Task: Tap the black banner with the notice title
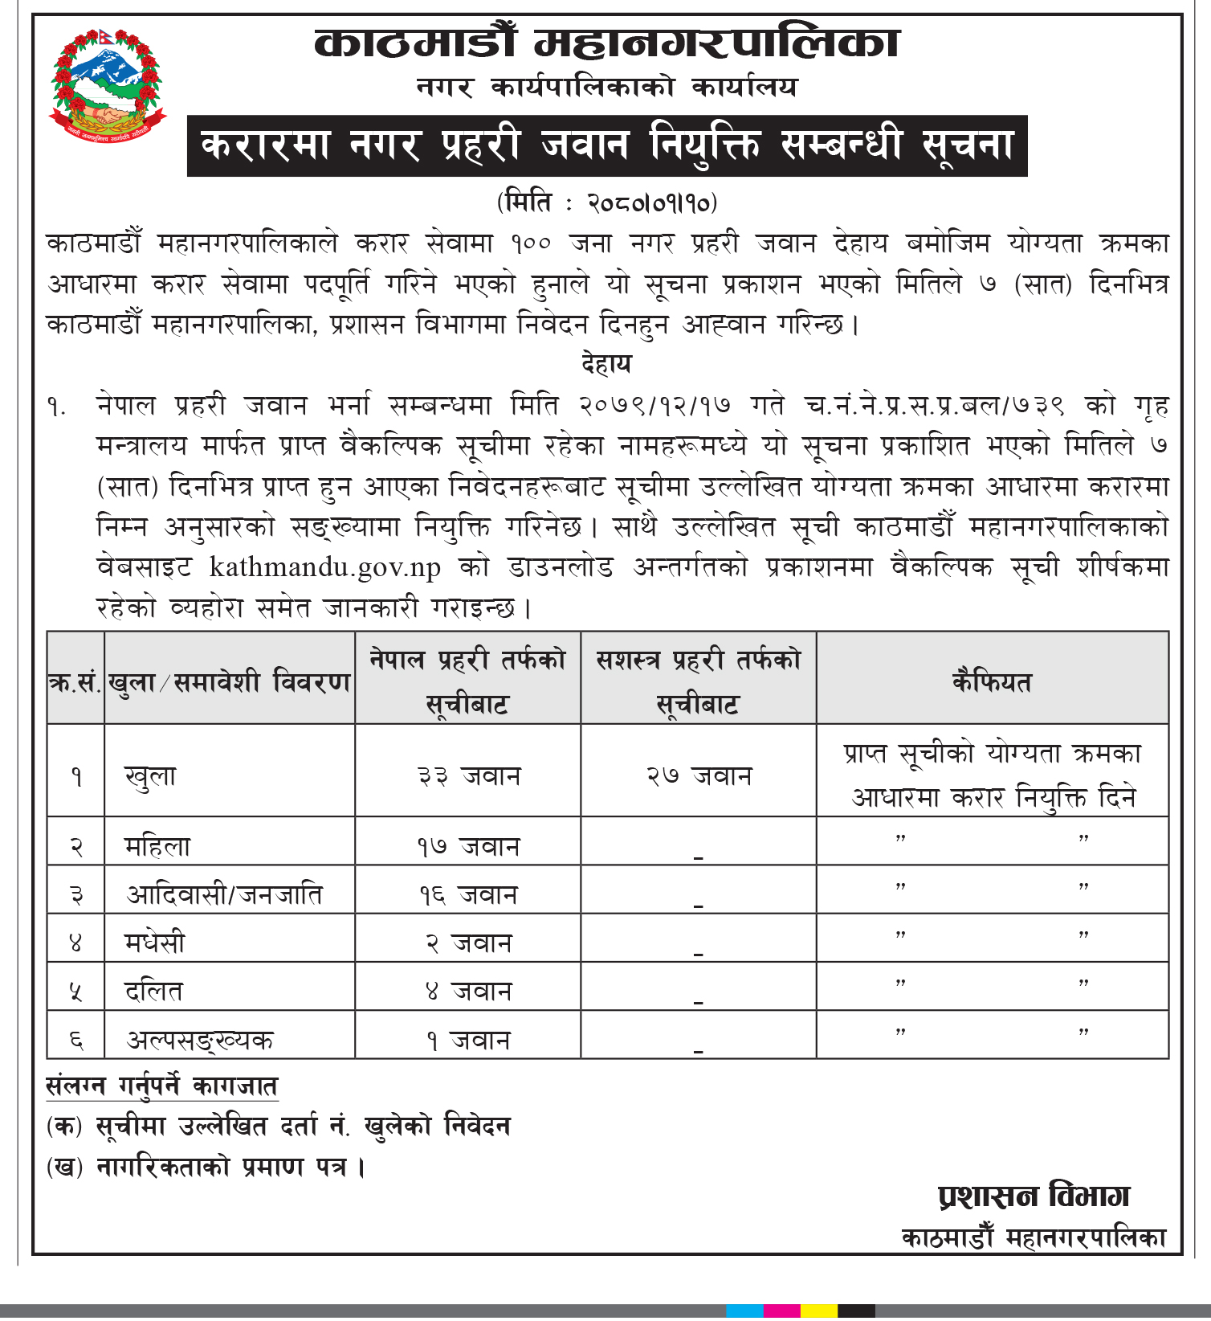click(x=606, y=146)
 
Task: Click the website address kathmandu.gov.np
click(x=324, y=567)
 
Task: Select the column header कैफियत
click(x=992, y=681)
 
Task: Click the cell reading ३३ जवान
click(x=468, y=775)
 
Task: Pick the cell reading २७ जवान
click(x=699, y=775)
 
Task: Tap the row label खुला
click(x=150, y=776)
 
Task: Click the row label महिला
click(x=157, y=846)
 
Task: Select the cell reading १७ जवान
click(x=468, y=846)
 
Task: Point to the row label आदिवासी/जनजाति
click(x=224, y=894)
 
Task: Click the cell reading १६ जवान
click(x=468, y=894)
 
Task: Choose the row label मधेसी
click(x=154, y=943)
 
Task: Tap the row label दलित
click(x=153, y=991)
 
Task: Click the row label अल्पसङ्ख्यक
click(x=200, y=1040)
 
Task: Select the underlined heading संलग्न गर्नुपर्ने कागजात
click(x=162, y=1086)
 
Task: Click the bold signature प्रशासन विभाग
click(x=1034, y=1196)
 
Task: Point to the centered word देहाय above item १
click(x=606, y=364)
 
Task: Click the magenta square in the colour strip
click(x=781, y=1311)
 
